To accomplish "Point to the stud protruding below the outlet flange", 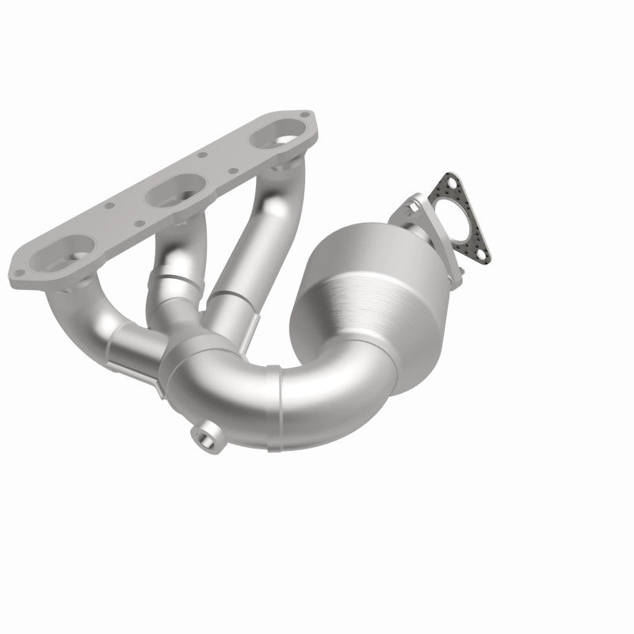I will point(457,277).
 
